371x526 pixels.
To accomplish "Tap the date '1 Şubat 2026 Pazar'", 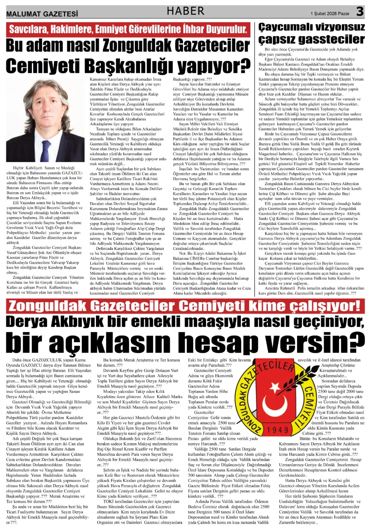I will click(330, 14).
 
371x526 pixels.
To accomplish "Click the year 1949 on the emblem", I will click(277, 430).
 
